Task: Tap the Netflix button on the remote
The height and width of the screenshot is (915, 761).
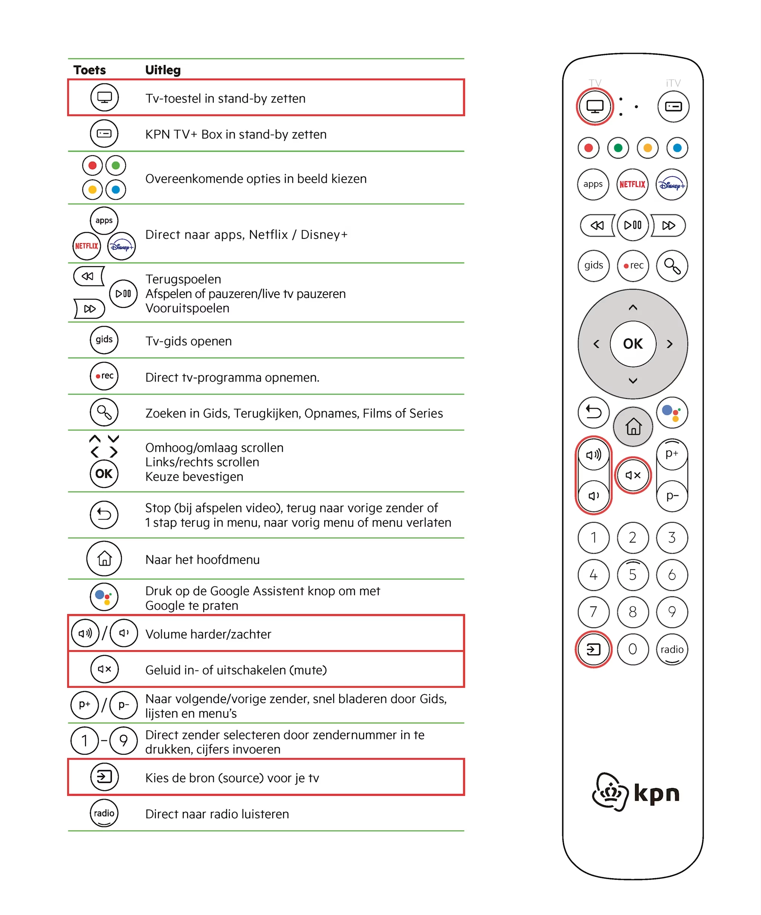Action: (632, 184)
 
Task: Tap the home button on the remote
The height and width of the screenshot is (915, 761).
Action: (633, 427)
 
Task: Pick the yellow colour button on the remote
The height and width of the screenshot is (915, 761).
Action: (648, 148)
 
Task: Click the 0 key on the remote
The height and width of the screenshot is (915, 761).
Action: (633, 649)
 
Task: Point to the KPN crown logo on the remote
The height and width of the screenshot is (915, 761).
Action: (610, 792)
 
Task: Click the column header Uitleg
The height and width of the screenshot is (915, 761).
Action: (163, 70)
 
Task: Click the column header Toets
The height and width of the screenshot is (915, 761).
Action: (90, 70)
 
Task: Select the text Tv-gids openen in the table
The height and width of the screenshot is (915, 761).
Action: (188, 341)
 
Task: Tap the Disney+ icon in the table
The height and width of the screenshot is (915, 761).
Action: (122, 247)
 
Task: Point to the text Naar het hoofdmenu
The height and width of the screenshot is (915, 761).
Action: (203, 560)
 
